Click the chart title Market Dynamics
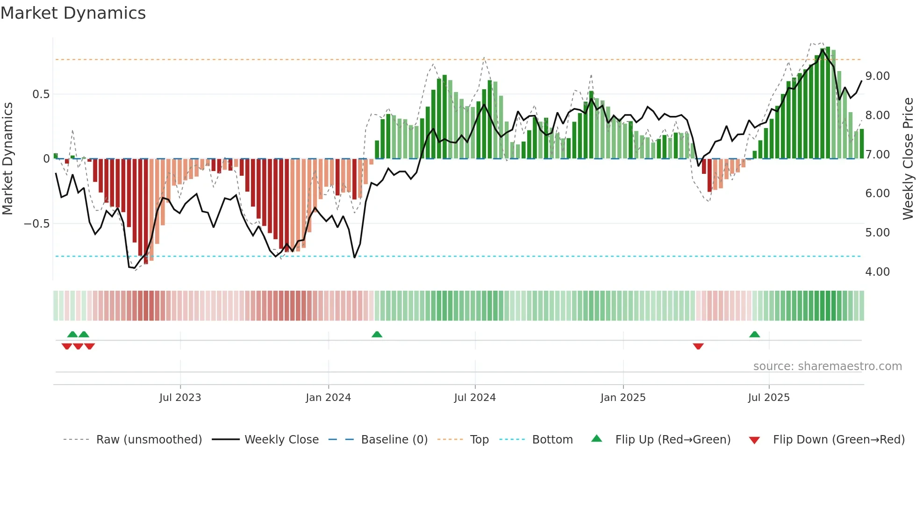click(x=73, y=13)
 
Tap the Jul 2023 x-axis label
click(x=180, y=398)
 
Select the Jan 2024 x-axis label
click(x=328, y=398)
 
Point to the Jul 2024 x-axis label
click(x=475, y=398)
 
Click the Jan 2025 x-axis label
click(x=623, y=398)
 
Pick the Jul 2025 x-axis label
click(x=769, y=398)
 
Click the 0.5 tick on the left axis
click(x=41, y=94)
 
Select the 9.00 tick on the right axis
click(x=877, y=76)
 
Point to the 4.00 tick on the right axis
click(x=877, y=272)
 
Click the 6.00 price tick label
click(x=877, y=193)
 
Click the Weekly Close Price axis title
click(x=908, y=159)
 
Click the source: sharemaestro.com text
click(x=827, y=366)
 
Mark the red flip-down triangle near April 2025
click(x=698, y=346)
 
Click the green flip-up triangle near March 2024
click(x=377, y=334)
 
